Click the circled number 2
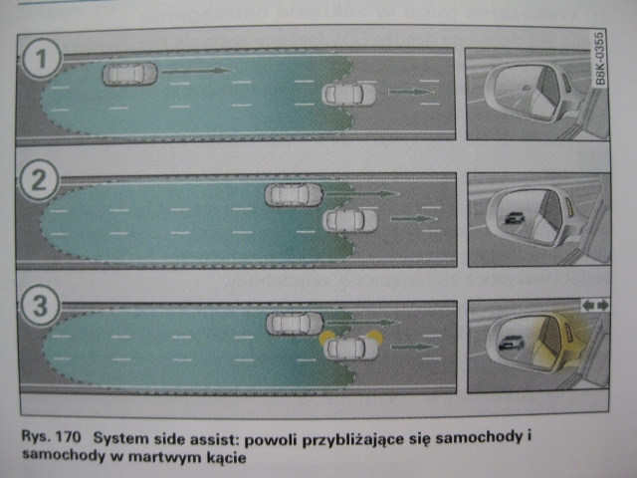pos(39,183)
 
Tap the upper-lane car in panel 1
pos(130,73)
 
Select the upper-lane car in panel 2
pos(294,194)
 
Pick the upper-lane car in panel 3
pos(295,323)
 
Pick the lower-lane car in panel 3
pos(350,347)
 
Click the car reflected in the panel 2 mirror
pos(514,218)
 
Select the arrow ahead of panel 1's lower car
pos(411,93)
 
